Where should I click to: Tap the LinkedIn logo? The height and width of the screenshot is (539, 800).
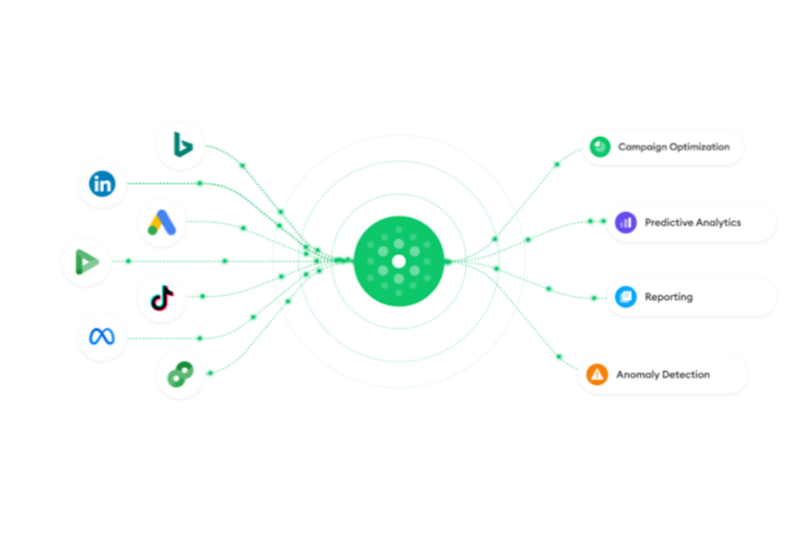102,183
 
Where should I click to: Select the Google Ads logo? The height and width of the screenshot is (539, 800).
162,223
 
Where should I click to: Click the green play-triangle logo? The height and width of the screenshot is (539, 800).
87,261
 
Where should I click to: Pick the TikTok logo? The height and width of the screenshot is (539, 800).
163,298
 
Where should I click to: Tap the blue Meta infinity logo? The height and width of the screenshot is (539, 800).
102,337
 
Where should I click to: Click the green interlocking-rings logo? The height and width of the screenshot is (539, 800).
181,374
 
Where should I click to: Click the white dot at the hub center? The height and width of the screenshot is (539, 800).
399,261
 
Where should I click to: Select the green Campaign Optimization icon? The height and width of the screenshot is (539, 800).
600,147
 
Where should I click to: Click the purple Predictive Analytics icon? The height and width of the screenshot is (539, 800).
625,223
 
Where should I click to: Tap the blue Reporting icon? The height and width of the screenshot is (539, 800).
625,296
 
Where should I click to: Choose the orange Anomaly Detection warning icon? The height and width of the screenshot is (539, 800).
597,375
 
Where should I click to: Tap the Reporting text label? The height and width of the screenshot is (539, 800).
669,297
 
